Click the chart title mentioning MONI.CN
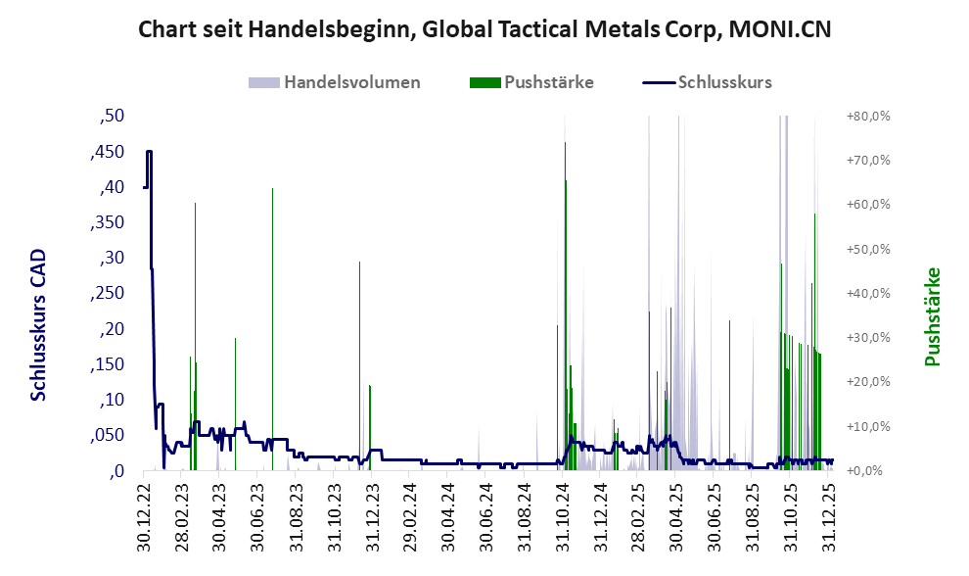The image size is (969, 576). coord(484,29)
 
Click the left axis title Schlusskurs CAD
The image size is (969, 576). coord(38,325)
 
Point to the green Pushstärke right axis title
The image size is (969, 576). coord(932,316)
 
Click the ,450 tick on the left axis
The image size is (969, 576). coord(110,152)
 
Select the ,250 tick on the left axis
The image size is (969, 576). coord(110,294)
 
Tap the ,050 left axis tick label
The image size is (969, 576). coord(110,436)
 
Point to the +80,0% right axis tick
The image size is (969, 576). coord(866,117)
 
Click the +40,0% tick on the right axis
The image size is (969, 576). coord(866,294)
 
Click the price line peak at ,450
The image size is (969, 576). coord(149,152)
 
